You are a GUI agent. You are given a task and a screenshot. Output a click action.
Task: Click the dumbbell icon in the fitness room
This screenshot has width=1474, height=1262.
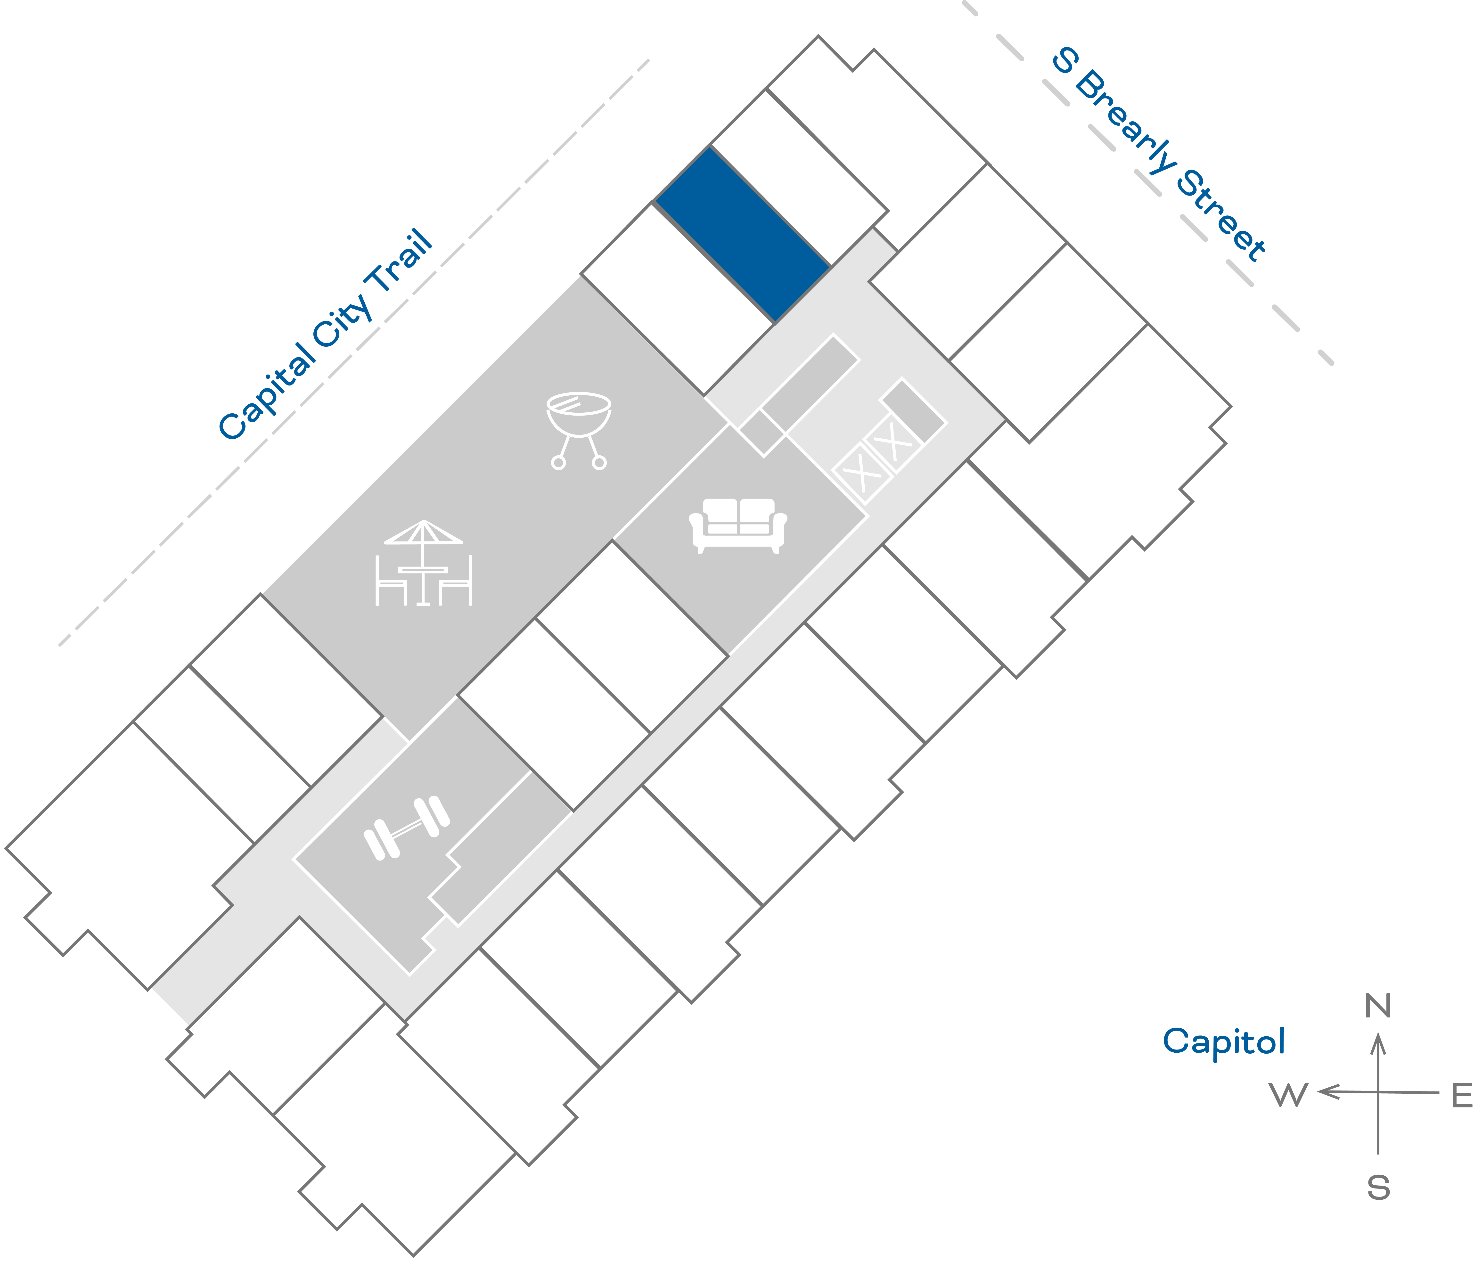click(407, 828)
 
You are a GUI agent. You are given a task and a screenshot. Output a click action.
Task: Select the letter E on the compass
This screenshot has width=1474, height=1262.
click(1461, 1096)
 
